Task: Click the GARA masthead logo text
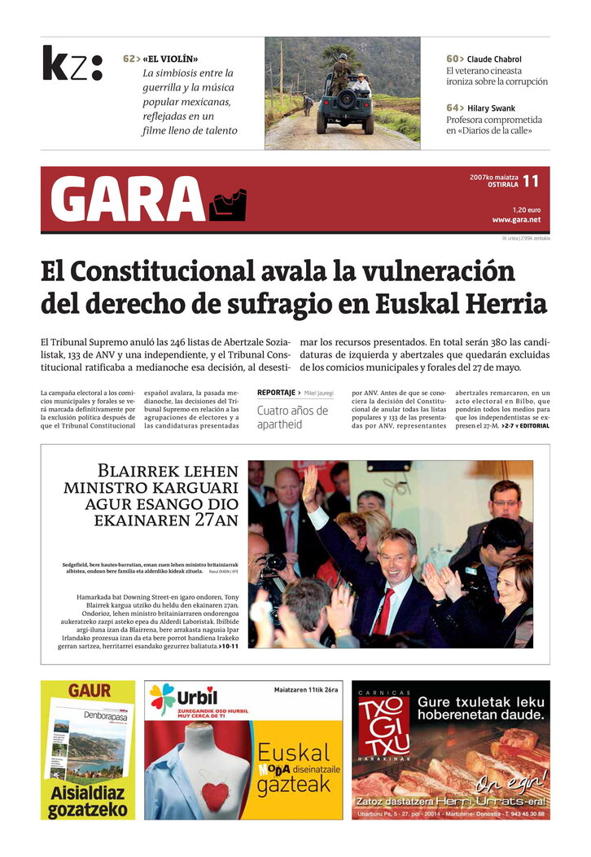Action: (x=127, y=200)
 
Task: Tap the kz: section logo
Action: (x=72, y=64)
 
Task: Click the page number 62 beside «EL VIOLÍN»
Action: (x=130, y=59)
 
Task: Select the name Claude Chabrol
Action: (x=494, y=59)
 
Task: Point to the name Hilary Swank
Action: (x=491, y=108)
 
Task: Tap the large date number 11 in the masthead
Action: (x=531, y=181)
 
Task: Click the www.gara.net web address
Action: (x=516, y=220)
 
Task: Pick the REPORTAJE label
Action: (x=276, y=393)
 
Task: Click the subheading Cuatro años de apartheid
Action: (x=292, y=417)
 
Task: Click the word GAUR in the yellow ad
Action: (x=89, y=691)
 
